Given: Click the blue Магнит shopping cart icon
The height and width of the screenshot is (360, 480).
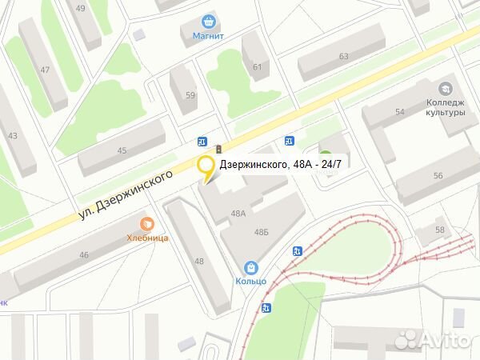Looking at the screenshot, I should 209,22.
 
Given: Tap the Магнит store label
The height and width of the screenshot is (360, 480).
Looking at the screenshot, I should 209,36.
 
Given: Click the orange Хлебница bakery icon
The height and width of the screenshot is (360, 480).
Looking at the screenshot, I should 146,224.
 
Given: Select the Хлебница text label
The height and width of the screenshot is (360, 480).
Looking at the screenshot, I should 146,237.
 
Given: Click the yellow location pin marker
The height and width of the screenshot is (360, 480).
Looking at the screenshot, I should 206,169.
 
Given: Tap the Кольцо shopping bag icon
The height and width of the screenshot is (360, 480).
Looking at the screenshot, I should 250,267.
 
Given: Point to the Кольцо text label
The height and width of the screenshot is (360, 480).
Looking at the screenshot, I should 250,281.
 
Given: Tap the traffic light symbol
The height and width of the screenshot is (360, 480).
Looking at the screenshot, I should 218,150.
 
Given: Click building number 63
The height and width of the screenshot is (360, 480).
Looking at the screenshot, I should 344,56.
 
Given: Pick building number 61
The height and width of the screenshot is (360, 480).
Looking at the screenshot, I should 258,66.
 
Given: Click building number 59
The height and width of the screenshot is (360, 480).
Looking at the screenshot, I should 190,96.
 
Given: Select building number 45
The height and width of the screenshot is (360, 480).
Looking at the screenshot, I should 122,150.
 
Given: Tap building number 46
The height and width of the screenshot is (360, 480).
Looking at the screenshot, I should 84,254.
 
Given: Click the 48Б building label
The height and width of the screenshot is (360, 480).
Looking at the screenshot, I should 261,231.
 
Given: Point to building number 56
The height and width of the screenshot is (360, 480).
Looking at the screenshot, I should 438,175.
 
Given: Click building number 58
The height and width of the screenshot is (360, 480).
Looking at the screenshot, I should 440,230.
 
